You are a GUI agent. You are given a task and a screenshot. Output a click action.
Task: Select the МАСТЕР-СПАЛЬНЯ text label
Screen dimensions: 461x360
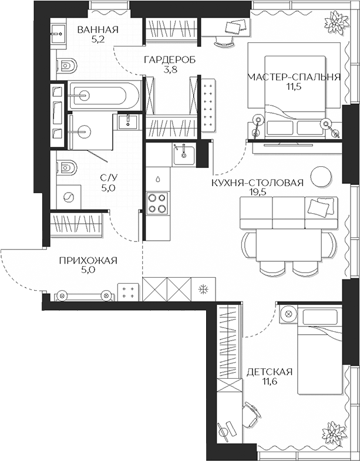294,77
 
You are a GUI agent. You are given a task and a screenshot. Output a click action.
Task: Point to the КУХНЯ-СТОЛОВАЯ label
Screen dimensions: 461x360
258,183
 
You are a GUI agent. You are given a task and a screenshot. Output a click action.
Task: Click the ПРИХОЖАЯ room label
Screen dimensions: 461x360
89,261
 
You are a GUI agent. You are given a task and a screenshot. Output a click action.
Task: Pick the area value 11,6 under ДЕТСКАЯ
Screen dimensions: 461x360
269,382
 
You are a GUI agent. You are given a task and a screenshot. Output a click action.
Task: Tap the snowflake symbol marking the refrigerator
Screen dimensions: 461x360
203,289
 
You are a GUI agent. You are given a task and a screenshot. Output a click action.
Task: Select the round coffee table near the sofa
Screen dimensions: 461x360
321,176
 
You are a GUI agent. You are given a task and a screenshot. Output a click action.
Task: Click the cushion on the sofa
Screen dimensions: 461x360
320,207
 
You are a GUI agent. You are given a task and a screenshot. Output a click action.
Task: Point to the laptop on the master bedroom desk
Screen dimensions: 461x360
237,27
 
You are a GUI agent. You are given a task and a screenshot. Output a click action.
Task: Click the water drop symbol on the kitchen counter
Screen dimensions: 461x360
157,177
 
